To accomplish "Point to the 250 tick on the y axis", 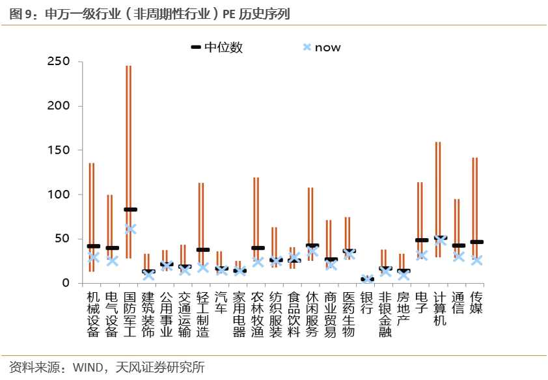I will pyautogui.click(x=60, y=62).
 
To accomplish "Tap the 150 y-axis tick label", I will pyautogui.click(x=60, y=150).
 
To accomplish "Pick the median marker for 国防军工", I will pyautogui.click(x=130, y=210).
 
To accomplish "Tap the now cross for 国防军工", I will pyautogui.click(x=130, y=229).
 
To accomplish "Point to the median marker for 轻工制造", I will pyautogui.click(x=203, y=250).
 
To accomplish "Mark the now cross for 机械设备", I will pyautogui.click(x=93, y=258).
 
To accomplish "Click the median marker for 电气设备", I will pyautogui.click(x=112, y=248).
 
